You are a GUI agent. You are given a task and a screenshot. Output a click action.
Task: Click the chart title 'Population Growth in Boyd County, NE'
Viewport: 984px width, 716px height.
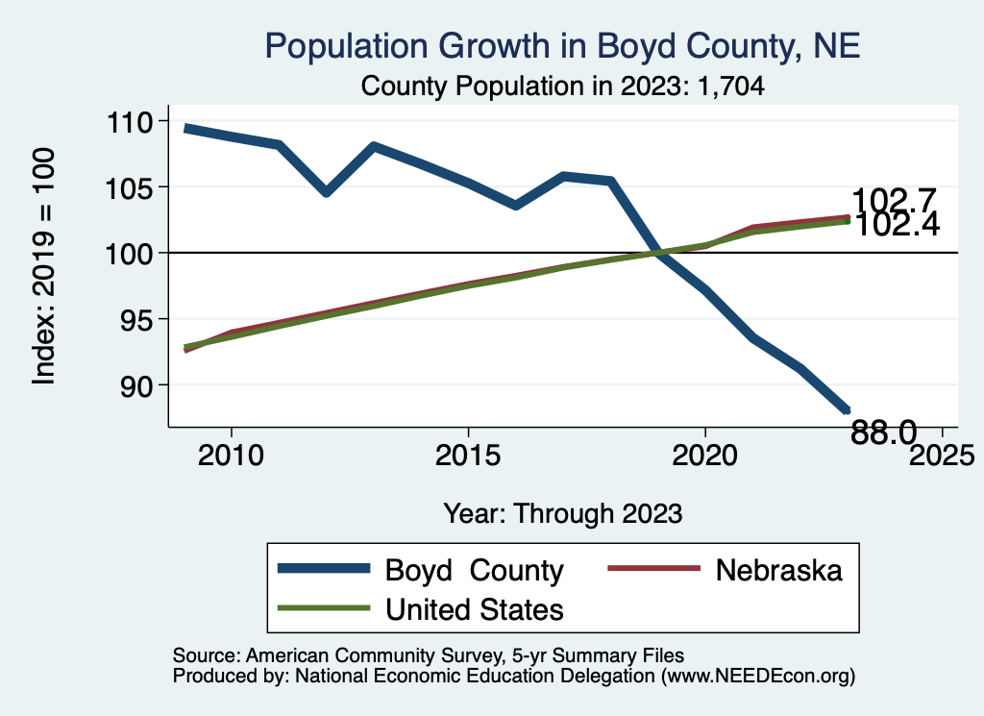point(562,45)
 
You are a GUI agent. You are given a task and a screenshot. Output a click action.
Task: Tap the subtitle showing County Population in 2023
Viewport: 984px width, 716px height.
point(562,86)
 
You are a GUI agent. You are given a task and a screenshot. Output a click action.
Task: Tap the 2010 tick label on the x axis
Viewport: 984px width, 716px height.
point(231,455)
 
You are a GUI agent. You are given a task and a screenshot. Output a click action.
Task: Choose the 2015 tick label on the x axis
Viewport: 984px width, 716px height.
point(468,455)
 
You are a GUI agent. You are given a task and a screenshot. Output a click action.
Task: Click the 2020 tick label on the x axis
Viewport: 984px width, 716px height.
point(705,455)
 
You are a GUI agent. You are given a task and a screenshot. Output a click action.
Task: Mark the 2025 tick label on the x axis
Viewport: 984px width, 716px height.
point(942,455)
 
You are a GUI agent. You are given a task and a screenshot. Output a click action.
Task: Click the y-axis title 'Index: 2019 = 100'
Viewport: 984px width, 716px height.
point(44,267)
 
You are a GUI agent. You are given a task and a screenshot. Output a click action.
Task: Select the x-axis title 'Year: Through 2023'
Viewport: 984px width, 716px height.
point(562,513)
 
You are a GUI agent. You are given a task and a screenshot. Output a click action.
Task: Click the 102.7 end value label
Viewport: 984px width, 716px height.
point(894,201)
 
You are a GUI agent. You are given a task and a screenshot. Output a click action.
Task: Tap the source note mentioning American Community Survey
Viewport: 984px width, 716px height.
point(429,655)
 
